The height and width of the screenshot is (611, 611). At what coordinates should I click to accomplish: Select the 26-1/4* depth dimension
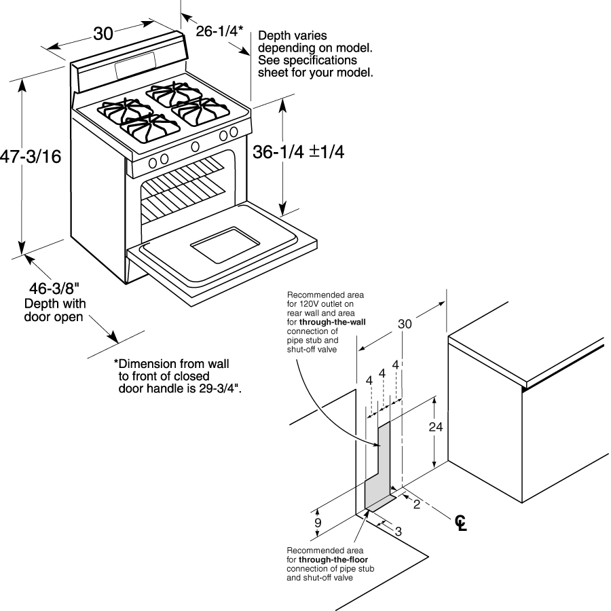219,31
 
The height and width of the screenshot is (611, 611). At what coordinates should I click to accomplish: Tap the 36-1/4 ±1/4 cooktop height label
299,153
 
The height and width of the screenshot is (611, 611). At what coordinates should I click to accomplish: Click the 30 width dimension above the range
103,33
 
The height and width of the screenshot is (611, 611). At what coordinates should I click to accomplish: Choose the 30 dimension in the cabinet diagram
405,324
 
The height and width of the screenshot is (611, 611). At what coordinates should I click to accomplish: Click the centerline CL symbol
461,523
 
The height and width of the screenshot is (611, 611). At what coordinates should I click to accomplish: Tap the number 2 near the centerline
416,504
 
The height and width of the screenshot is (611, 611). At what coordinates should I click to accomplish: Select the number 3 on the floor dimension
398,531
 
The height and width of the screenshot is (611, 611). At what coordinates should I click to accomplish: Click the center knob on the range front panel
196,145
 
